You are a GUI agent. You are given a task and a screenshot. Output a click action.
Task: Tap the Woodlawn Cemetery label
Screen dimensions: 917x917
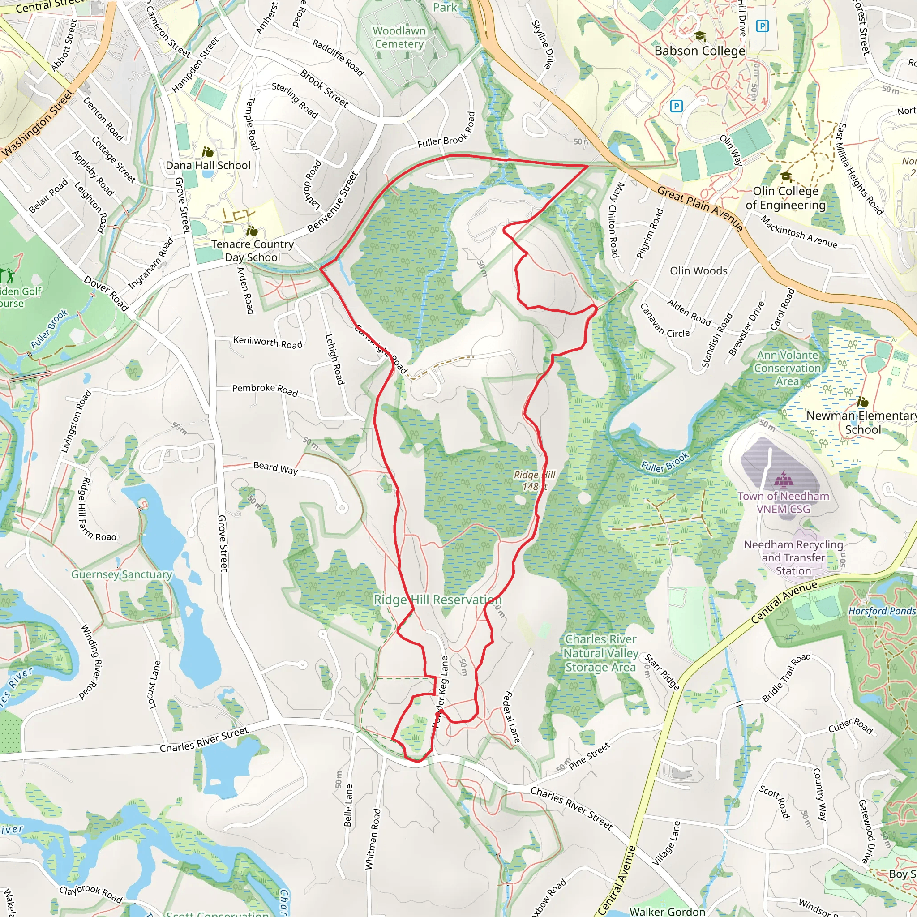399,38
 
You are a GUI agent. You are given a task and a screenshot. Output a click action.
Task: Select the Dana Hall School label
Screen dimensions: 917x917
208,165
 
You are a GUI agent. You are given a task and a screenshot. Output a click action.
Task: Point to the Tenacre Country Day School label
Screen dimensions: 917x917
253,251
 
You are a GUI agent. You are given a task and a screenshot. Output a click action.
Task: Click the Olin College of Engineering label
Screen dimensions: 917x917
785,198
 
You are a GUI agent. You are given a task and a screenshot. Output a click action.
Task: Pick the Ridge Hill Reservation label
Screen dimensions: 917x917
437,600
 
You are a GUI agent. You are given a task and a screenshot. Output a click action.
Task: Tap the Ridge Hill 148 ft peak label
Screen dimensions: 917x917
535,480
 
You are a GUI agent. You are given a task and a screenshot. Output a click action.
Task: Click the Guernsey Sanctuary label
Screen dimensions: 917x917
121,574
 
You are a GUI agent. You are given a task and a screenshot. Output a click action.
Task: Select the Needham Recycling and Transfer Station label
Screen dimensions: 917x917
793,558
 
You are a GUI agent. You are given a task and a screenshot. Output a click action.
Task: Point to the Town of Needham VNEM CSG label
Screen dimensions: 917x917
783,502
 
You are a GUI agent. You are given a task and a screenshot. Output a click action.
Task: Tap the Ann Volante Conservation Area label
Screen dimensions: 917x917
788,368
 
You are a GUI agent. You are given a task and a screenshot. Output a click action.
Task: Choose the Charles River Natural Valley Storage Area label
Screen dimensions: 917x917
600,653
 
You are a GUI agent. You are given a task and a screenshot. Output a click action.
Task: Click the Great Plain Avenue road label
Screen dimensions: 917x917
700,208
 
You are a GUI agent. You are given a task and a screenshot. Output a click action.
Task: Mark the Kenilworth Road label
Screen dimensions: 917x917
268,342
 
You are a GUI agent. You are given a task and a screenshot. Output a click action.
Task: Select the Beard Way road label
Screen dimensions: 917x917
275,468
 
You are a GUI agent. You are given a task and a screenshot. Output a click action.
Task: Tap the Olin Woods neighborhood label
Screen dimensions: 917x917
698,270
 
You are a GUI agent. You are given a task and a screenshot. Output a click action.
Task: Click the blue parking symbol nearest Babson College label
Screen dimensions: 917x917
762,26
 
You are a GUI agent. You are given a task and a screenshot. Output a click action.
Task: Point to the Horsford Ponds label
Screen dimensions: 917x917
881,611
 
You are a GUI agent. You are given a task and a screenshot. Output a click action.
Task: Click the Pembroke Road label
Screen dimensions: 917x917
265,390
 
